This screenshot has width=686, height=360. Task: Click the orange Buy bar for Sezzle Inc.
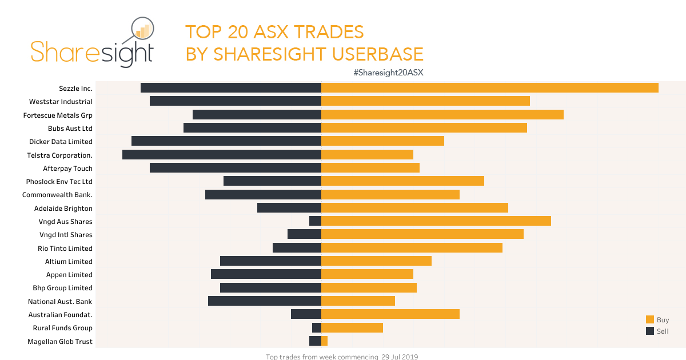click(489, 88)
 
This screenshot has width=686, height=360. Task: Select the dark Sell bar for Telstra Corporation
click(222, 155)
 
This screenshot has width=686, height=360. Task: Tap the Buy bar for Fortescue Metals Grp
click(442, 115)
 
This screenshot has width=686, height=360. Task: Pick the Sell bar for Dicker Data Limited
click(226, 141)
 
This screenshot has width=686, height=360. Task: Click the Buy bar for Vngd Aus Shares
click(436, 221)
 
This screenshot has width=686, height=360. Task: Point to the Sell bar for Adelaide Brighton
click(289, 208)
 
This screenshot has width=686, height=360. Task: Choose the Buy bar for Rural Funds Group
click(352, 328)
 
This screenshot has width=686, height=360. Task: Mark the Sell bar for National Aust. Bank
click(265, 301)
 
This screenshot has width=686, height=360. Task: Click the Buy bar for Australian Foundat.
click(390, 314)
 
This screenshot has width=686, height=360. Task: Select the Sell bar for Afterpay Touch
click(236, 168)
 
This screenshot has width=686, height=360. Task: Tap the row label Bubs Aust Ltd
click(70, 128)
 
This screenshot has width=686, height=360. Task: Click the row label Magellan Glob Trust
click(60, 342)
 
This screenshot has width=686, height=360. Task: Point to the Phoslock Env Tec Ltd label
click(59, 182)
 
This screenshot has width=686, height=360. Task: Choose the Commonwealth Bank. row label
click(57, 195)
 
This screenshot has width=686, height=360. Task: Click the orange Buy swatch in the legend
click(650, 320)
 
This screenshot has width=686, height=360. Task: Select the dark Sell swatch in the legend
click(650, 331)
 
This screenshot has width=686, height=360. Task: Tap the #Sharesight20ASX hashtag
click(391, 73)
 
